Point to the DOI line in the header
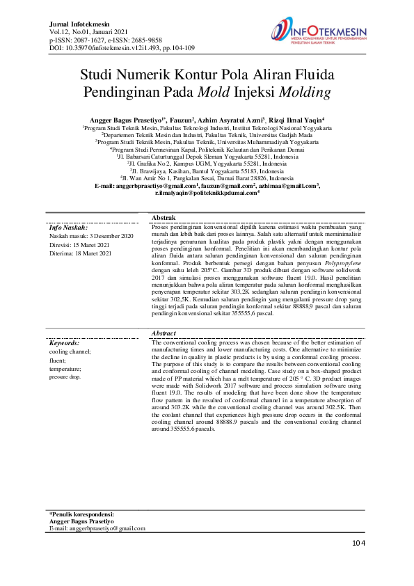122,48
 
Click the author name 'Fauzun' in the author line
182,120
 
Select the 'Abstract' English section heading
164,334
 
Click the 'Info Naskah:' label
68,207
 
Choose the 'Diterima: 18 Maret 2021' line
81,234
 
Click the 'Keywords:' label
65,343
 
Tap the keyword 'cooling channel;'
70,352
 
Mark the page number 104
358,543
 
